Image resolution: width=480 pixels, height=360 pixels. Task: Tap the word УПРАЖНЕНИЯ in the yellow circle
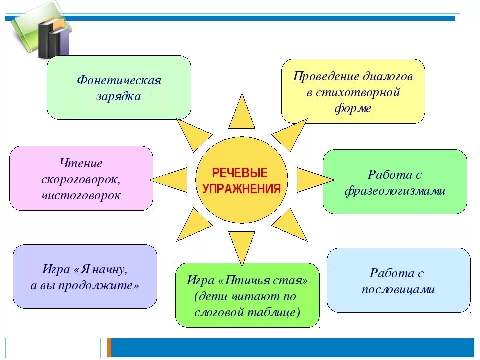coord(241,189)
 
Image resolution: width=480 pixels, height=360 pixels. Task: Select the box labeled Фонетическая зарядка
coord(119,87)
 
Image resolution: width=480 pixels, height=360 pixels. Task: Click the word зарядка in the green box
coord(119,96)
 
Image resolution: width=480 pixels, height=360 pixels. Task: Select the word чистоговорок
coord(81,195)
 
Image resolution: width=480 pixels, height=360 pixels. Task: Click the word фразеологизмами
coord(395,191)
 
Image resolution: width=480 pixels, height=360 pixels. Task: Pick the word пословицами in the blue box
coord(398,289)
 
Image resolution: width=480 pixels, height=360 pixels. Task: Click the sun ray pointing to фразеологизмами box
coord(312,179)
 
